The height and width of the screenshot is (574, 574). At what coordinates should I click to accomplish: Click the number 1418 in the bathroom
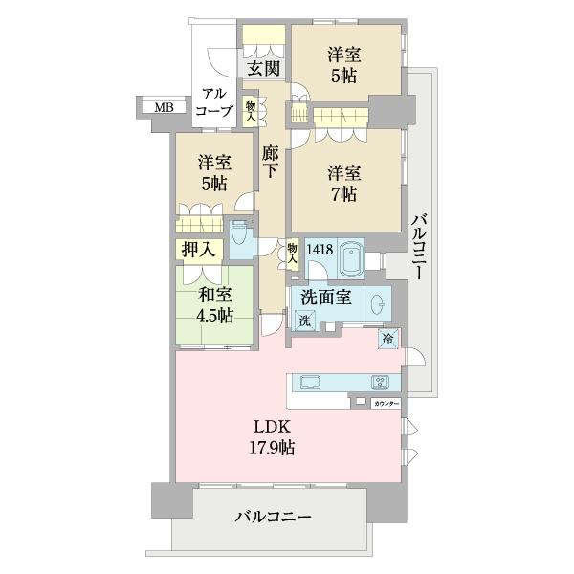click(320, 250)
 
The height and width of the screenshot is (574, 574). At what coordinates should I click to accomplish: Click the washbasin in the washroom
click(379, 305)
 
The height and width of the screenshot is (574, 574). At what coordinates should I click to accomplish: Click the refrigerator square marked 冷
click(388, 338)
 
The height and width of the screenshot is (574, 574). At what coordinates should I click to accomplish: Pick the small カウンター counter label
click(386, 404)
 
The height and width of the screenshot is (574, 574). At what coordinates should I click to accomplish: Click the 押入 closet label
click(199, 251)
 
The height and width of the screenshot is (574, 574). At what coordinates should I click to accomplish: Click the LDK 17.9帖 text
click(273, 436)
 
